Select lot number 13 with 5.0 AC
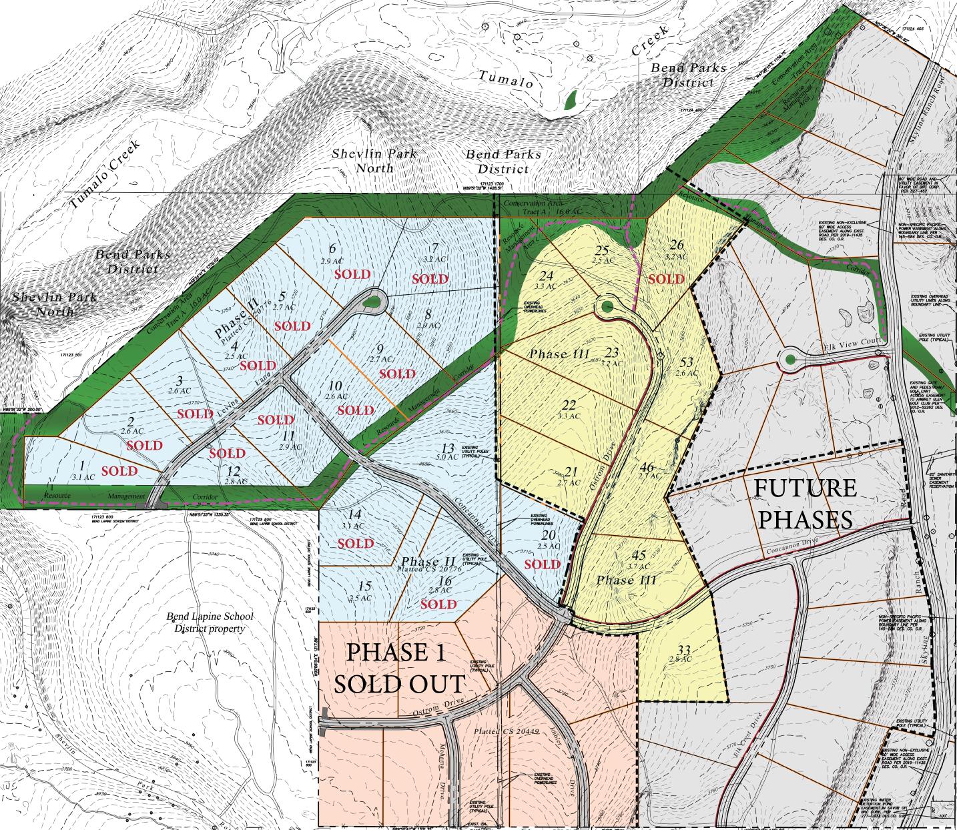click(x=447, y=452)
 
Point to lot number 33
click(x=681, y=655)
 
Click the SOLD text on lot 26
click(x=666, y=278)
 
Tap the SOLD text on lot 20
click(x=542, y=564)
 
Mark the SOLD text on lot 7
click(x=430, y=279)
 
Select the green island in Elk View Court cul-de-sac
click(x=789, y=360)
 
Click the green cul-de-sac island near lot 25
click(x=607, y=307)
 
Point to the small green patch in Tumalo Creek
click(x=571, y=99)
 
